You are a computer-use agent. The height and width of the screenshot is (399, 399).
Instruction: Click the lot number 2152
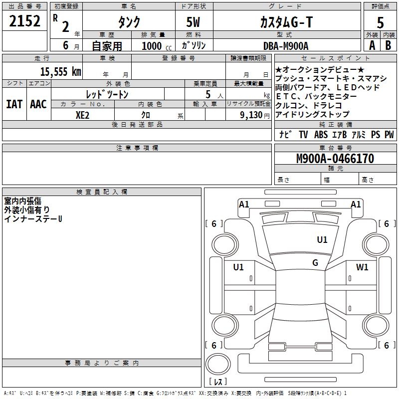[24, 21]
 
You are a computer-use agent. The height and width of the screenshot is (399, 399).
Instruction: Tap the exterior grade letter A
[372, 45]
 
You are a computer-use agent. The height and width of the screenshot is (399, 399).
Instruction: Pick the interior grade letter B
[389, 45]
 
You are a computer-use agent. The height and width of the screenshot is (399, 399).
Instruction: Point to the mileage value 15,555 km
[60, 71]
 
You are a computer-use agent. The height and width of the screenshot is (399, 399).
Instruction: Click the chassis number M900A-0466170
[335, 159]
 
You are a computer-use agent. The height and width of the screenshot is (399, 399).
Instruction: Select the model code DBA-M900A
[286, 45]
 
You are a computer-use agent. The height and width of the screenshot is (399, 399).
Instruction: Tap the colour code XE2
[82, 114]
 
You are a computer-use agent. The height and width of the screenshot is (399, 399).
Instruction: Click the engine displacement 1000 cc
[155, 46]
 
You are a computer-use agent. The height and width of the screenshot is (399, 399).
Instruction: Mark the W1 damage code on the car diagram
[362, 267]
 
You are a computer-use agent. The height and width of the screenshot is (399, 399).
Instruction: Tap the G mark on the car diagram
[315, 263]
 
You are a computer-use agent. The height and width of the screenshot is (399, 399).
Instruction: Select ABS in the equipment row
[321, 135]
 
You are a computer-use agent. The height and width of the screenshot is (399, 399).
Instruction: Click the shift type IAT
[13, 104]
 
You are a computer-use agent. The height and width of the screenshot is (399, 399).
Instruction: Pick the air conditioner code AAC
[38, 104]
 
